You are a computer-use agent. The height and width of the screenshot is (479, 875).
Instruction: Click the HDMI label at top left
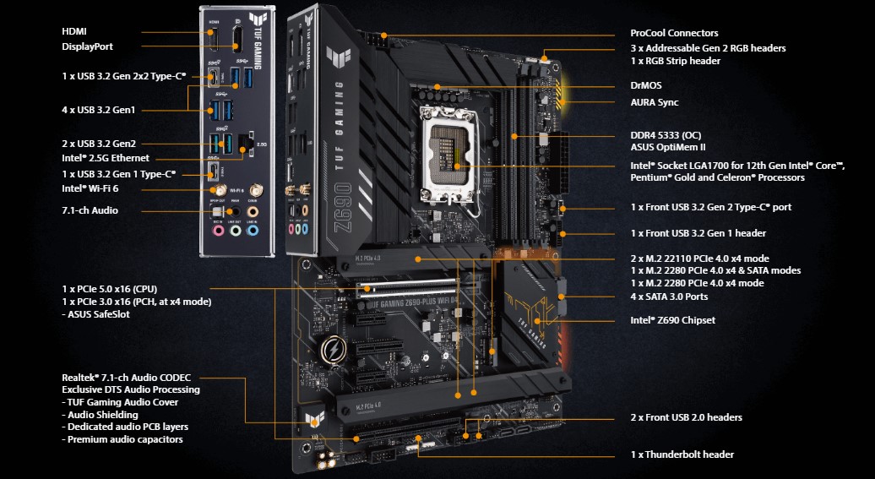(74, 31)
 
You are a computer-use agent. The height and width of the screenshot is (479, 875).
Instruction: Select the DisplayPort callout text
(87, 47)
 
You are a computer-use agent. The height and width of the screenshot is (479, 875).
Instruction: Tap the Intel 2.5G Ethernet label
(106, 158)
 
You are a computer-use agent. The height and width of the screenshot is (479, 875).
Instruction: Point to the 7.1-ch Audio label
(90, 210)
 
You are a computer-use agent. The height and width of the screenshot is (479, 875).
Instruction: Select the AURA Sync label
(655, 103)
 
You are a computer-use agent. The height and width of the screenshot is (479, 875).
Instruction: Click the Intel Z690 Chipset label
(672, 320)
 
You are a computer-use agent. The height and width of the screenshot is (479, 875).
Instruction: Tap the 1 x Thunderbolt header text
(682, 455)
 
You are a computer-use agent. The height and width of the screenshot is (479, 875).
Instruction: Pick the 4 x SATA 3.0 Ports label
(669, 297)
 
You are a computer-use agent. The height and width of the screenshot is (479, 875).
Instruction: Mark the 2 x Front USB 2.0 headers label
(686, 417)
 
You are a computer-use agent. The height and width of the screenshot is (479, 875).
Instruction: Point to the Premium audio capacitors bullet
(122, 439)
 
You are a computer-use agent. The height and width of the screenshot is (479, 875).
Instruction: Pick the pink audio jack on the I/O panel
(217, 228)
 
